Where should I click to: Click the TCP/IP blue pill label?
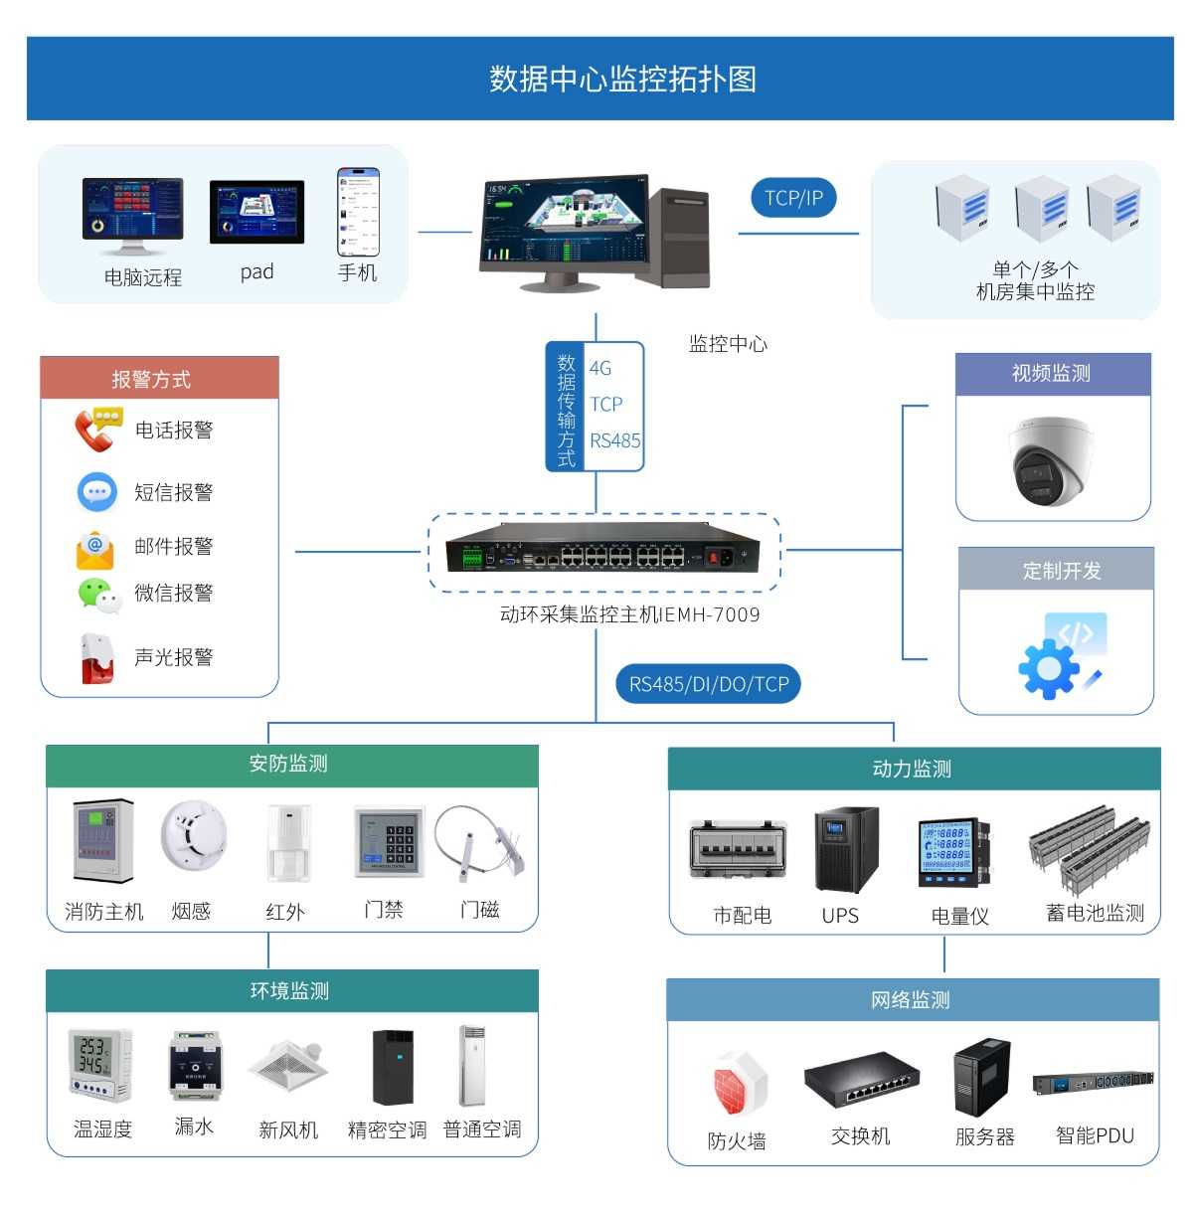[x=793, y=198]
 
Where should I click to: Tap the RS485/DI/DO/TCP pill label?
[x=708, y=684]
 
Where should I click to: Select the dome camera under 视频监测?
[x=1050, y=461]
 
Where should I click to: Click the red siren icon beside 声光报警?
[x=97, y=658]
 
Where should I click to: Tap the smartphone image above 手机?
[x=358, y=212]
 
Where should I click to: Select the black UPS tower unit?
[x=845, y=850]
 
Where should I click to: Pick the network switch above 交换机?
[x=861, y=1082]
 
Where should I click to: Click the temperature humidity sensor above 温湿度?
[x=99, y=1065]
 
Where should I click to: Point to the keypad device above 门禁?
[x=389, y=843]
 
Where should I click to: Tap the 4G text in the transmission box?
[x=600, y=368]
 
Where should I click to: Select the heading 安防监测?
[x=288, y=764]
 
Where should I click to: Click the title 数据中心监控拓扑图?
[x=622, y=80]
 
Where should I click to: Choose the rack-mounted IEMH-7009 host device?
[x=602, y=549]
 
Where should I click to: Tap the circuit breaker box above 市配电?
[x=739, y=853]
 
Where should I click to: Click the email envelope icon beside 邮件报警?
[x=95, y=549]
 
